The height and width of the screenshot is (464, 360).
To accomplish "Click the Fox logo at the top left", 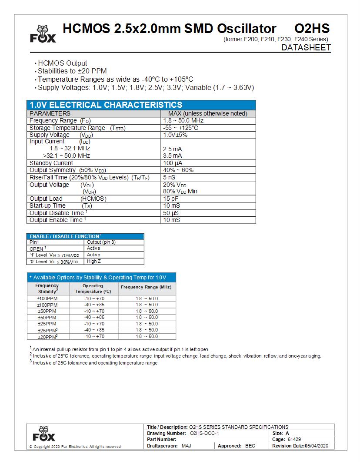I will (43, 33).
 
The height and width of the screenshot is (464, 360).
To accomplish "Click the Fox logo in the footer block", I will (43, 434).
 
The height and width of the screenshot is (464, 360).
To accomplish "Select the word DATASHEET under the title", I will (306, 48).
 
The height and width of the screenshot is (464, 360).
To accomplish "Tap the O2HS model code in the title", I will (312, 29).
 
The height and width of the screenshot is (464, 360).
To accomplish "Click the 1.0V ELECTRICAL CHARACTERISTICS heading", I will (106, 105).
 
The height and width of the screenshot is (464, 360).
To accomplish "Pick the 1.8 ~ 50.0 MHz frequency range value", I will (183, 120).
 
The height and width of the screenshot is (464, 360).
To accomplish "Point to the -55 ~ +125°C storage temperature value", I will (180, 128).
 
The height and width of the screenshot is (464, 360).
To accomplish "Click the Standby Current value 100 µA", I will (173, 163).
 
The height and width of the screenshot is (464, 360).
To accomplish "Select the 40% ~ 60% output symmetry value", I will (178, 170).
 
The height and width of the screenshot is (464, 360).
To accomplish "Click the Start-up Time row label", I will (47, 205).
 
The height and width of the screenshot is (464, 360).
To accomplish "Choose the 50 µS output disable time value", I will (171, 213).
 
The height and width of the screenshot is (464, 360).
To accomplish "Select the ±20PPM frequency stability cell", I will (47, 336).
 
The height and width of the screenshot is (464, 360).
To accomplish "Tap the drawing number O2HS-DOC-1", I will (204, 433).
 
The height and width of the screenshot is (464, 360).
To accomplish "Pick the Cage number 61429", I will (294, 440).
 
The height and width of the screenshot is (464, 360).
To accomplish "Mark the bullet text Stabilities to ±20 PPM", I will (72, 71).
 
